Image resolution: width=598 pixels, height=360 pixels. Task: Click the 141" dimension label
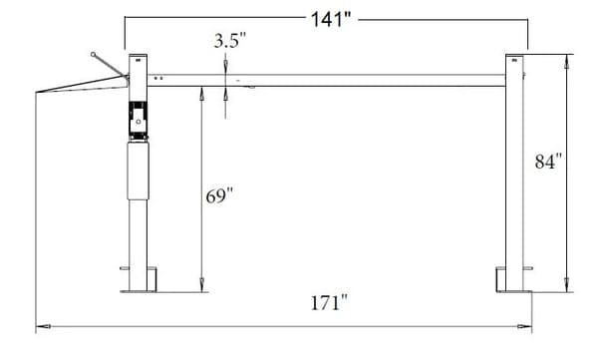coord(334,18)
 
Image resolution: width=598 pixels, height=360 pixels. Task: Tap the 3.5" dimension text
coord(229,42)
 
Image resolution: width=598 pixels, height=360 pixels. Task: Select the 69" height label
coord(219,195)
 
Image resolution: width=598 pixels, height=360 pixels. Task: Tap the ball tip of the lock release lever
coord(93,54)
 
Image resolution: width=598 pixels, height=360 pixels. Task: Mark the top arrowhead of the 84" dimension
coord(568,56)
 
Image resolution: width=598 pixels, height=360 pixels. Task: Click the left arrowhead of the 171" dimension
coord(40,326)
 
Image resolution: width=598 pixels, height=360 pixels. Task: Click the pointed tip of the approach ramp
coord(37,95)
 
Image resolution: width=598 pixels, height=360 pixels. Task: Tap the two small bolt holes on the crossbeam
coord(158,76)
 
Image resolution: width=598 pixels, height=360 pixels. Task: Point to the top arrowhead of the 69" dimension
coord(202,90)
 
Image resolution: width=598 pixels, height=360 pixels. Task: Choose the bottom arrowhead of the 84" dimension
coord(568,287)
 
